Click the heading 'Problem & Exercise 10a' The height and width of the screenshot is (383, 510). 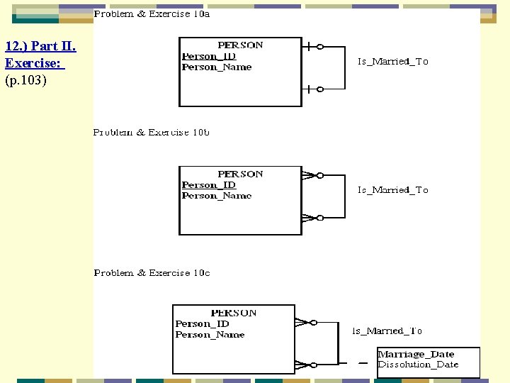[x=152, y=13]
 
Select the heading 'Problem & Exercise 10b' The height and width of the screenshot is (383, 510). [x=151, y=133]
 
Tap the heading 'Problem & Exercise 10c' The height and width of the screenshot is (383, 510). [x=152, y=273]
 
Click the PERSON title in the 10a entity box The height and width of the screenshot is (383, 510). [x=240, y=45]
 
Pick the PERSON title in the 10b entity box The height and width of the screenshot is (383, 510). [x=240, y=174]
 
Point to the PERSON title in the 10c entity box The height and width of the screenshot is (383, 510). [x=234, y=313]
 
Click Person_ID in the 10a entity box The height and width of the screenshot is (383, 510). [x=208, y=56]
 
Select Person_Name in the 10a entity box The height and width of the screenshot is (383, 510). [x=216, y=67]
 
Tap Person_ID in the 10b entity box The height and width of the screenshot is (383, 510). [x=208, y=185]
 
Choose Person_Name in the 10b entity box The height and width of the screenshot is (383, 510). [x=216, y=196]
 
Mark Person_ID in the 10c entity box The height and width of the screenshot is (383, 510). [x=202, y=324]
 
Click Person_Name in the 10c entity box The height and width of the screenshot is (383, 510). [x=210, y=335]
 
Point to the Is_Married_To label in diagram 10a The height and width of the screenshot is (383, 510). [x=392, y=62]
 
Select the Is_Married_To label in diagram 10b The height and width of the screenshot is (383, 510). [x=392, y=190]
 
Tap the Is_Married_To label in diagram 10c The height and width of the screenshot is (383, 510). [x=387, y=331]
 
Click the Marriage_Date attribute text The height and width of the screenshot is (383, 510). [x=416, y=354]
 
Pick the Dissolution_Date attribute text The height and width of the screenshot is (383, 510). [x=418, y=365]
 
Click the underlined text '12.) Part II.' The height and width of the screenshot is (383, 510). [x=40, y=47]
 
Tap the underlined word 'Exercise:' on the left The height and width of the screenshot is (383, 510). [x=33, y=63]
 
